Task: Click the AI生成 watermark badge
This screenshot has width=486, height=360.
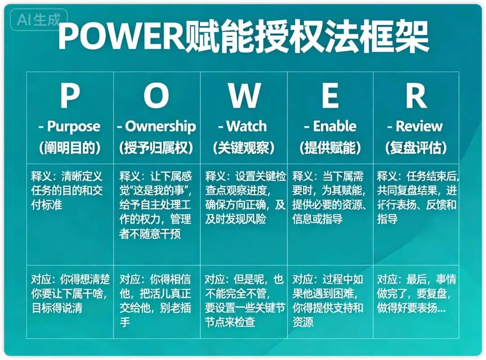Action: coord(39,20)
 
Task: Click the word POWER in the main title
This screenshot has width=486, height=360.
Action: coord(121,36)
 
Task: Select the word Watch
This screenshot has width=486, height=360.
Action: coord(247,126)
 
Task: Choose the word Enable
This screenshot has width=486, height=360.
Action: coord(335,126)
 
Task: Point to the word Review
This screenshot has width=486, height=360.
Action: coord(419,126)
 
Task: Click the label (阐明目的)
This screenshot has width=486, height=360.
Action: coord(70,148)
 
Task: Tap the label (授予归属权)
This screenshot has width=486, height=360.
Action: coord(156,148)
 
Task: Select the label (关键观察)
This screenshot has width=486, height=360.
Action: coord(243,148)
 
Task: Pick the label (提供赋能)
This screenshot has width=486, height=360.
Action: coord(330,148)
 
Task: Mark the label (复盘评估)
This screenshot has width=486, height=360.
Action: coord(416,148)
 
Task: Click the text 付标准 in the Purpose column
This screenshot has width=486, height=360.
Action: coord(46,205)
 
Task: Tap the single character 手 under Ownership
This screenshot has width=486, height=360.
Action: coord(125,322)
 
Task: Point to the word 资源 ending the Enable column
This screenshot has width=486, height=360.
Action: coord(303,322)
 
